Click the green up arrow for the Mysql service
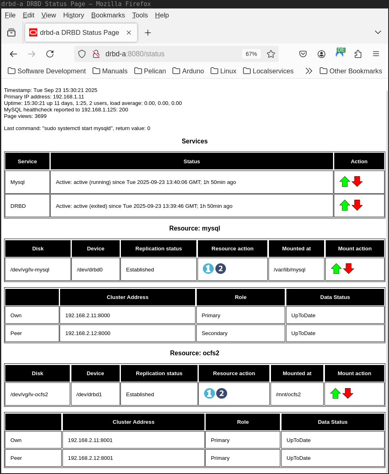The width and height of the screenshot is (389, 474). click(x=344, y=181)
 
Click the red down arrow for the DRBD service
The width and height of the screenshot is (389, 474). click(x=357, y=205)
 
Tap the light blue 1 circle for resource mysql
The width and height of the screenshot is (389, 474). click(x=208, y=269)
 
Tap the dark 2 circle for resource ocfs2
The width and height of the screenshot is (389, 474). click(x=221, y=393)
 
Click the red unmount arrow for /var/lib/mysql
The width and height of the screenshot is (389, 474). click(x=348, y=269)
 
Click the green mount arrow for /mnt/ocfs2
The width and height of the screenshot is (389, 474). click(x=335, y=393)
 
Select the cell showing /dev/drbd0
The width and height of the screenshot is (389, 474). click(x=95, y=269)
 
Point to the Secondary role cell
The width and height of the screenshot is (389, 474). click(x=240, y=333)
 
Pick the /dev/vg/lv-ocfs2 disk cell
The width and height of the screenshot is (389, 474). click(x=37, y=394)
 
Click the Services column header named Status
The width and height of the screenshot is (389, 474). click(x=191, y=161)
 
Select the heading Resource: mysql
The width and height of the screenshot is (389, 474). click(x=194, y=228)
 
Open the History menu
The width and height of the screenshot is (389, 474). click(x=73, y=15)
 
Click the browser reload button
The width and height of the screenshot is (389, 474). click(x=50, y=54)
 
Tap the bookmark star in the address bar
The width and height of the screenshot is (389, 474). click(x=271, y=54)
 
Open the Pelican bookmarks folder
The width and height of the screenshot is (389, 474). click(x=150, y=71)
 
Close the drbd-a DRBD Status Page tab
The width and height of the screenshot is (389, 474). click(x=129, y=32)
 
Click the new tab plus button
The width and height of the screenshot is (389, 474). click(x=148, y=32)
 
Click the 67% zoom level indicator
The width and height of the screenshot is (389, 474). click(x=251, y=54)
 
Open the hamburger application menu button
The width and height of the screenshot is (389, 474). click(x=376, y=54)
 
